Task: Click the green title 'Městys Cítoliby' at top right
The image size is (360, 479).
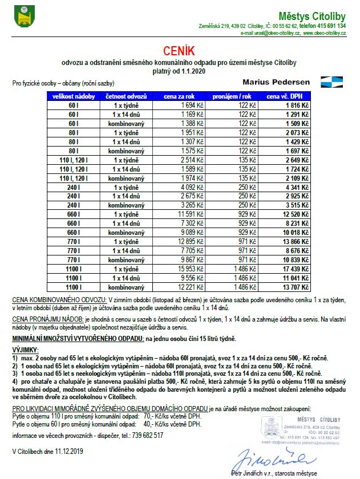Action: point(312,15)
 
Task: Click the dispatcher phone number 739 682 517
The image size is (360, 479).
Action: point(147,435)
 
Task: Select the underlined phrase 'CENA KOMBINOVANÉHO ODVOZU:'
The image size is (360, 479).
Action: point(59,299)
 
